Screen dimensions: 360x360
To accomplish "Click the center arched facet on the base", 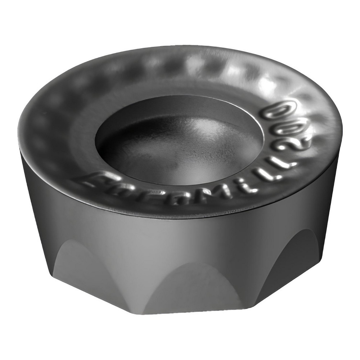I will [191, 288].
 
